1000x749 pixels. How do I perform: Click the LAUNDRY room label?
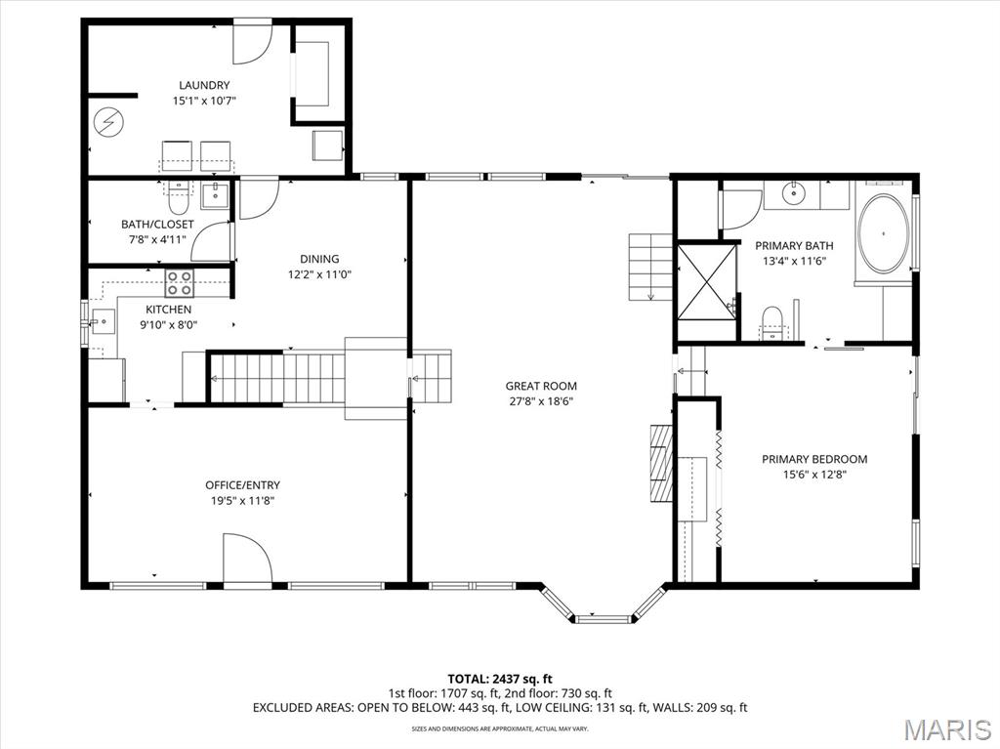click(204, 85)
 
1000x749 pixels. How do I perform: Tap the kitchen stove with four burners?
click(180, 283)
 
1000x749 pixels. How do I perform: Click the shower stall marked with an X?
click(706, 282)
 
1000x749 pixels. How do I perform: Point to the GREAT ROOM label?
click(541, 386)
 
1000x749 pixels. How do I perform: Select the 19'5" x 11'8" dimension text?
click(242, 501)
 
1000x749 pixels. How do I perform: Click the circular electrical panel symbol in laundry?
click(109, 121)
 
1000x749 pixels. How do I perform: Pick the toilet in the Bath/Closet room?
click(178, 199)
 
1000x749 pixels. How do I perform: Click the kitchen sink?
click(103, 322)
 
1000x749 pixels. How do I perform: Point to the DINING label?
click(319, 259)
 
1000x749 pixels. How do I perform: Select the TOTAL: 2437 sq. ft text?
click(500, 679)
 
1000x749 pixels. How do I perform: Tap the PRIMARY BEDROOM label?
click(814, 459)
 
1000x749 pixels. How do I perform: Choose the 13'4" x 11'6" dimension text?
click(794, 261)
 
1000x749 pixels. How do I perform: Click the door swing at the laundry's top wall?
click(253, 43)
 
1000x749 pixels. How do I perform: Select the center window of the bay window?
click(604, 618)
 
